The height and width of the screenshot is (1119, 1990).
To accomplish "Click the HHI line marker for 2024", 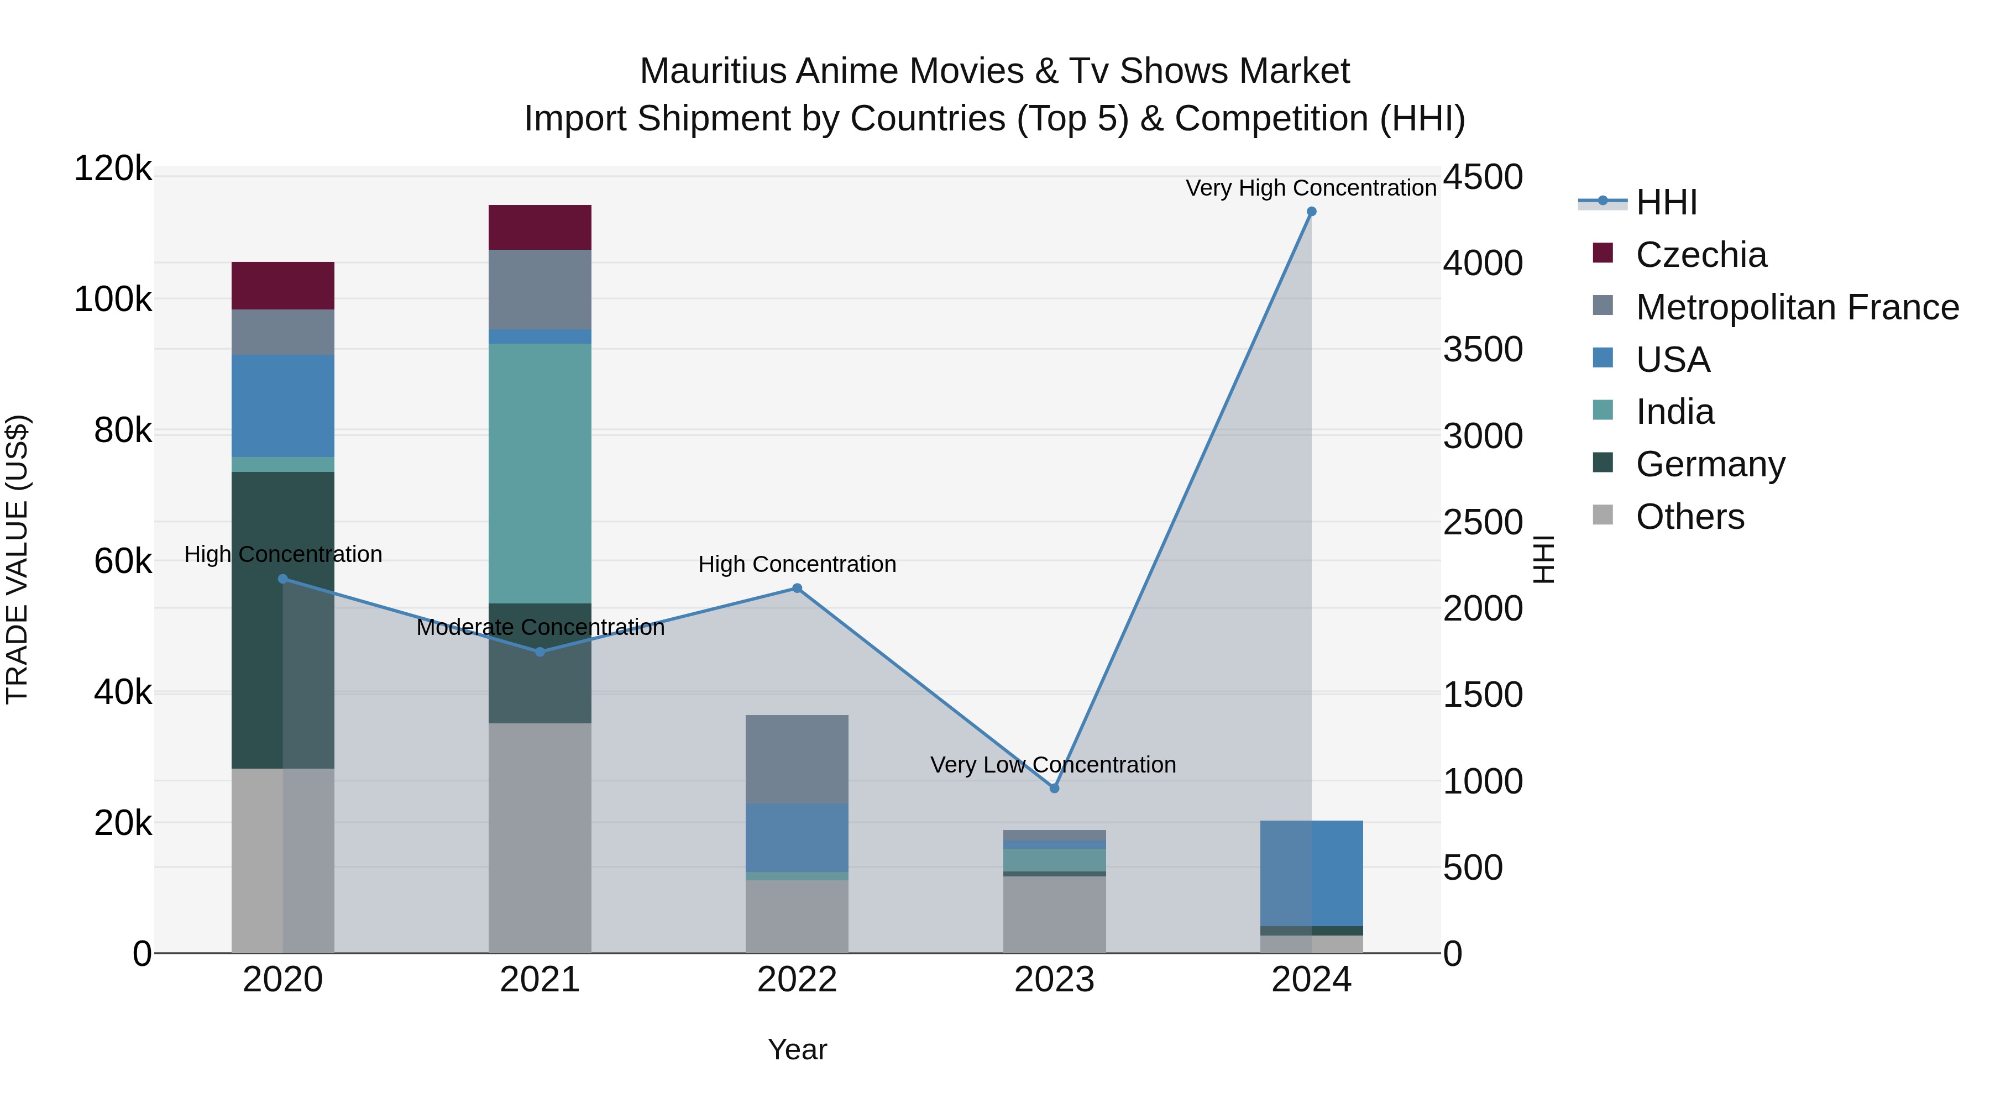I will (x=1311, y=212).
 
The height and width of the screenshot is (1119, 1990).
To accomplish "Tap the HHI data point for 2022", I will (x=797, y=589).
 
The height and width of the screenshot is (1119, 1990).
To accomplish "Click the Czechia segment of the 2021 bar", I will (x=540, y=227).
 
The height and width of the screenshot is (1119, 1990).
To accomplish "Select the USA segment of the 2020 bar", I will (x=282, y=406).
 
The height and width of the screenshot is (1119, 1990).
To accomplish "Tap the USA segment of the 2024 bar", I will (x=1311, y=873).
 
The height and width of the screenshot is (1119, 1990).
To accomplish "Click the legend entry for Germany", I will (x=1710, y=464).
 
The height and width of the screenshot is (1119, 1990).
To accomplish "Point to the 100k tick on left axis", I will (x=113, y=300).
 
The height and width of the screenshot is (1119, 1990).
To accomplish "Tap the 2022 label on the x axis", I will (x=797, y=980).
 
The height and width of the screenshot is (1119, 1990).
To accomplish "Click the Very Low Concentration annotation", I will (x=1053, y=765).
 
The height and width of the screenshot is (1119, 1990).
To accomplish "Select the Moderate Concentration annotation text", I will (x=540, y=627).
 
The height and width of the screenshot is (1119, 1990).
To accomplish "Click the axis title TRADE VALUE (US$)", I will (x=17, y=559).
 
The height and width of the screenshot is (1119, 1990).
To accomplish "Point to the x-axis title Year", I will (x=797, y=1049).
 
